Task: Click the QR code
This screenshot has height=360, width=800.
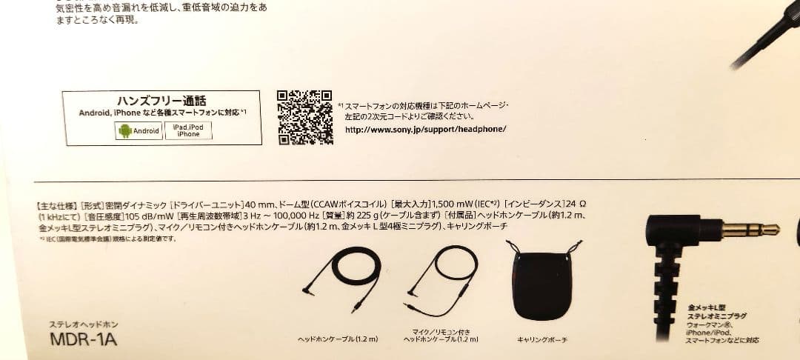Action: (x=305, y=117)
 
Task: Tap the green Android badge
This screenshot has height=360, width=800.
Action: (x=139, y=131)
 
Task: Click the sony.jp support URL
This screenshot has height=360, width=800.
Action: (x=426, y=129)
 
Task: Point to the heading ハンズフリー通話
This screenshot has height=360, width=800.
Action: (x=161, y=101)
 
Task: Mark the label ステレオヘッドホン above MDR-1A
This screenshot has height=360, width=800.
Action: (x=83, y=324)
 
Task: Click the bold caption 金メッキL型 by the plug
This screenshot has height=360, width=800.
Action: (x=707, y=307)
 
